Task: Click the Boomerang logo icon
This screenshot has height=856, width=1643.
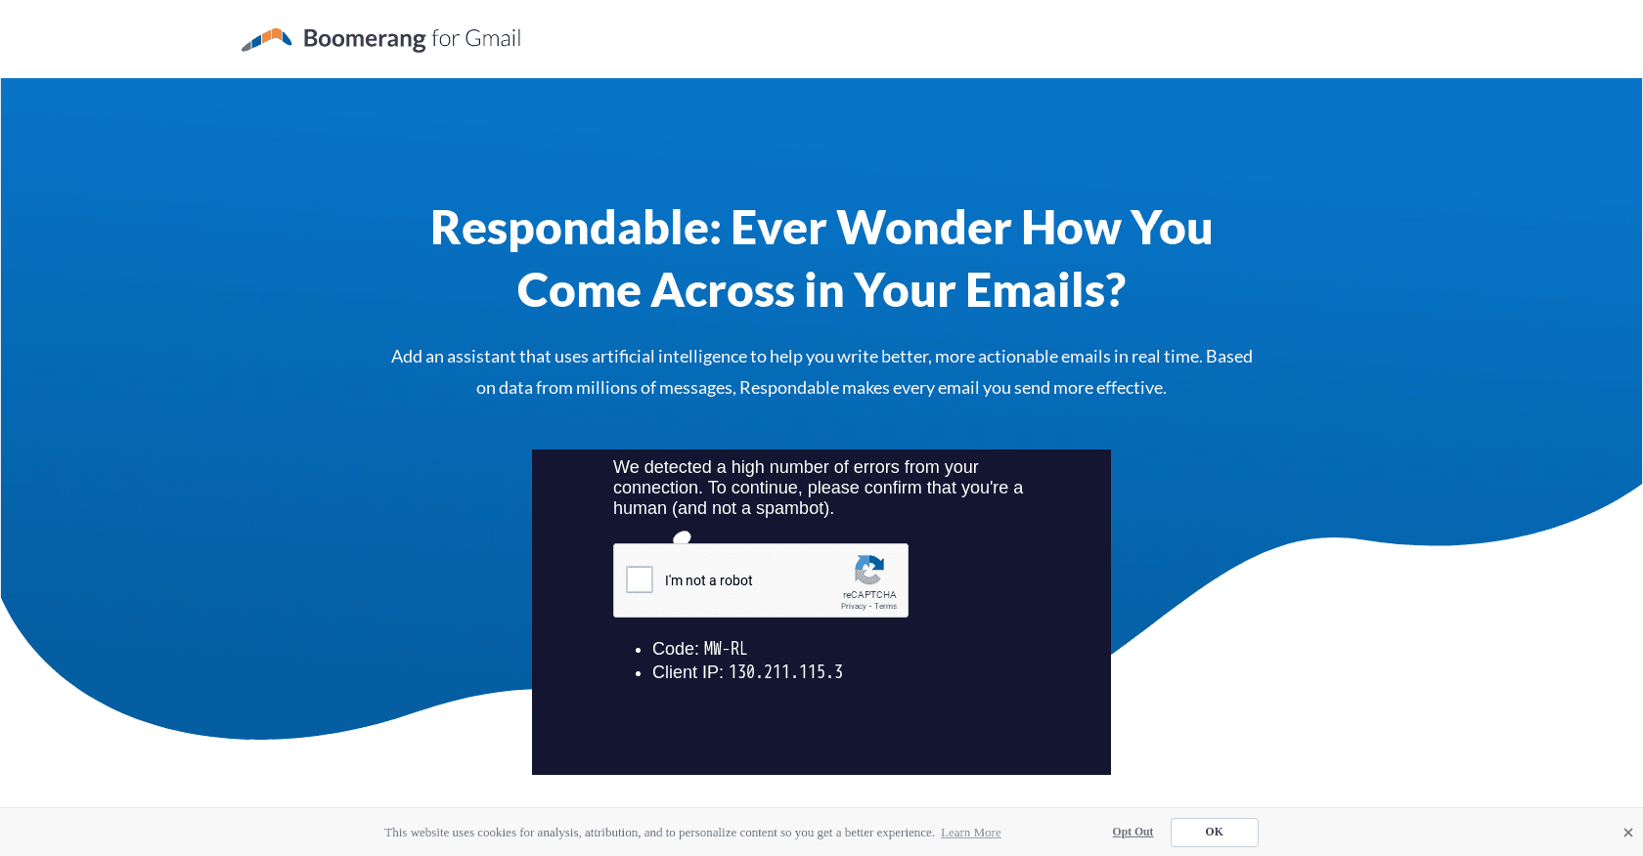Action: coord(266,39)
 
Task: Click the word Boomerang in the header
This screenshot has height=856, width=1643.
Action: coord(364,39)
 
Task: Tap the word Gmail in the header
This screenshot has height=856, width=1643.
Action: coord(493,39)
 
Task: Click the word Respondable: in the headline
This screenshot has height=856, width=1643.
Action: coord(575,228)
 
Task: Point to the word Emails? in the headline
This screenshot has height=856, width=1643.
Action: coord(1045,290)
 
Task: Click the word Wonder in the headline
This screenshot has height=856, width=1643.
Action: coord(929,228)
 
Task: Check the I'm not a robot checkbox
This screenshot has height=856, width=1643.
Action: coord(640,579)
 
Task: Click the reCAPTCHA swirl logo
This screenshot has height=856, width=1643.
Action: coord(869,570)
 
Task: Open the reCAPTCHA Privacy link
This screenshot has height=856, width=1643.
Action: coord(853,607)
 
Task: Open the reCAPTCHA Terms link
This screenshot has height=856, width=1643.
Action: coord(885,607)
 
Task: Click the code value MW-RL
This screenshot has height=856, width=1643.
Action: coord(726,649)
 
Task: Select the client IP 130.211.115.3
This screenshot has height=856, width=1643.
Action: coord(785,672)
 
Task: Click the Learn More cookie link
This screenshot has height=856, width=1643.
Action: coord(970,833)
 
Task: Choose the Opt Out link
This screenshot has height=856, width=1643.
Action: coord(1132,832)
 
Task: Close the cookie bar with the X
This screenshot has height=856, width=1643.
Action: coord(1627,833)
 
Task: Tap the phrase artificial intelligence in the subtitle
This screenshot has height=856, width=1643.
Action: coord(669,357)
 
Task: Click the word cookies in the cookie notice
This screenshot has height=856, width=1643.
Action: coord(497,833)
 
